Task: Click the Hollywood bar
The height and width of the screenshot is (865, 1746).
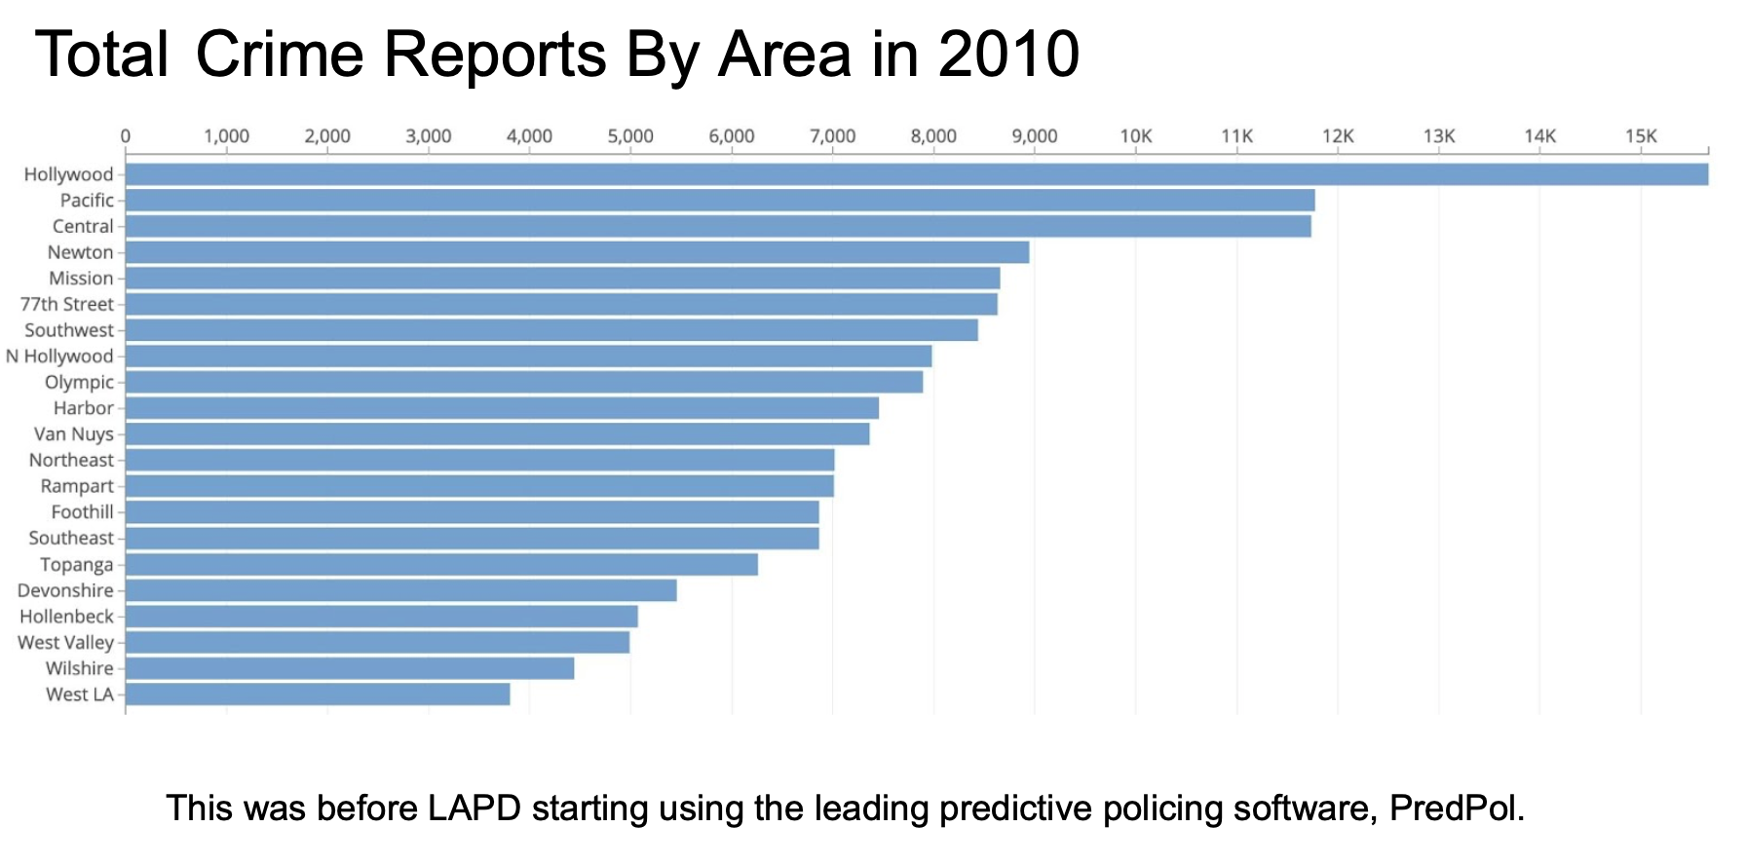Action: (x=916, y=174)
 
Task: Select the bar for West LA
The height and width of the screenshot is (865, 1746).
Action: (x=318, y=695)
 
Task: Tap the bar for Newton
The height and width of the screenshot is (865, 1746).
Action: (x=577, y=252)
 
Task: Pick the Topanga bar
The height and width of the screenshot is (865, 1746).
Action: (x=441, y=565)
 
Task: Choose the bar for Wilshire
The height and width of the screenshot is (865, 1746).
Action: (x=350, y=668)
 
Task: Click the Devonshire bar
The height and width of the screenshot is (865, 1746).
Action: (x=400, y=590)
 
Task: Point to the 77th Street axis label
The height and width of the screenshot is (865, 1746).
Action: (x=66, y=304)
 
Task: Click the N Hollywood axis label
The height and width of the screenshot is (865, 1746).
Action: (x=59, y=357)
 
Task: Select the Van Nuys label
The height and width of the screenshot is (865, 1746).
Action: (x=74, y=434)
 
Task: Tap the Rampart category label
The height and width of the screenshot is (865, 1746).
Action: (x=77, y=486)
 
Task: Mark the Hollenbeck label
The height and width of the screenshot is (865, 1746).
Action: (x=66, y=617)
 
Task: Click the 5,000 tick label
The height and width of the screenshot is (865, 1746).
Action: (x=630, y=136)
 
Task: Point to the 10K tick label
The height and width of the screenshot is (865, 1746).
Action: (x=1135, y=136)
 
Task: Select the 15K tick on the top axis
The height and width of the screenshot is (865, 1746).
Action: (x=1641, y=136)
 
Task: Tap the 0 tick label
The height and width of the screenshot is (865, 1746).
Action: (x=126, y=136)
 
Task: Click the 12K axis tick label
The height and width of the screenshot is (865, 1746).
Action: (x=1338, y=136)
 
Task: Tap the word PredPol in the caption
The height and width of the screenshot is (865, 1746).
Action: (x=1456, y=809)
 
